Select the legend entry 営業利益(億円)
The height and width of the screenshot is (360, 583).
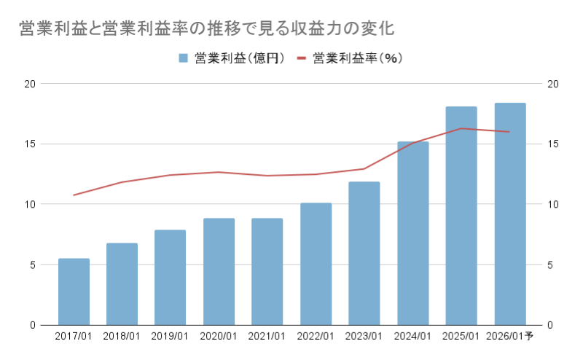point(237,58)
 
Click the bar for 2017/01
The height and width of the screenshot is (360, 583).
point(74,291)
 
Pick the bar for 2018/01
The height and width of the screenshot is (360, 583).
point(122,284)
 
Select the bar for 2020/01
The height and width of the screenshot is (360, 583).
point(219,271)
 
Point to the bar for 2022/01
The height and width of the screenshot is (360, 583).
point(316,264)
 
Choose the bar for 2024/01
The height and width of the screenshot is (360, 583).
point(412,233)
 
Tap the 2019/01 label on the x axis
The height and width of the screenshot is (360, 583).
point(171,336)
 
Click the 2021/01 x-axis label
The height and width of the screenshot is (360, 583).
point(267,336)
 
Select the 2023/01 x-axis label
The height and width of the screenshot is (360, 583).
point(364,336)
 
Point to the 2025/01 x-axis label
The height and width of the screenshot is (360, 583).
point(461,336)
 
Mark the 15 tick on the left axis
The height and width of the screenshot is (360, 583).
point(30,144)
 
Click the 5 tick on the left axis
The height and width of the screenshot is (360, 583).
point(33,265)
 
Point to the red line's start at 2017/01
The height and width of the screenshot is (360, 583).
point(74,195)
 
